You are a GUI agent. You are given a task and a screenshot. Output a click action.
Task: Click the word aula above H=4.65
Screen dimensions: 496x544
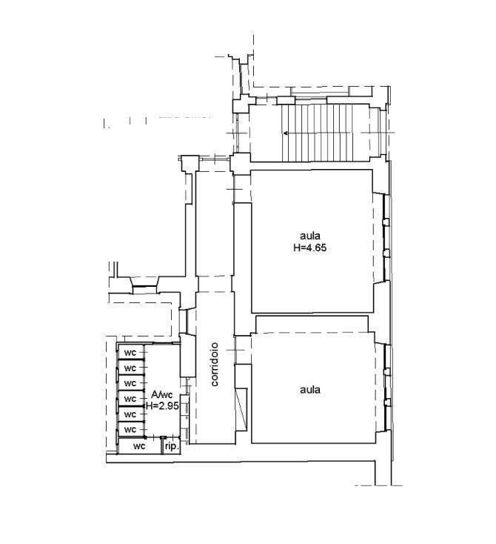click(310, 236)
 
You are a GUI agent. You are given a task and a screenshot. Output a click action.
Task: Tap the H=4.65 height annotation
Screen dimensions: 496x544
click(310, 248)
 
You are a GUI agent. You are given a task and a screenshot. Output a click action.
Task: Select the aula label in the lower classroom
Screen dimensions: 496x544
click(310, 390)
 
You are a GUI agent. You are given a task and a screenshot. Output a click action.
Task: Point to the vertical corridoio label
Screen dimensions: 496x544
click(215, 365)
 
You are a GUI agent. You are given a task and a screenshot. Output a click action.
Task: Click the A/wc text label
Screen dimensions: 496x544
click(162, 395)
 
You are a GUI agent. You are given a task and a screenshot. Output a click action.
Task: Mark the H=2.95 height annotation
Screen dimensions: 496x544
click(162, 405)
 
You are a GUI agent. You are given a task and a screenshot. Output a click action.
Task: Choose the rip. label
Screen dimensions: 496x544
click(172, 446)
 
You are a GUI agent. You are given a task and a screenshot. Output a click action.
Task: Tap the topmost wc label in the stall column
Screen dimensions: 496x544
click(130, 353)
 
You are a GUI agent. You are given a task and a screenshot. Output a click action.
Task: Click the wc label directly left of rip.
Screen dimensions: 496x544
click(139, 446)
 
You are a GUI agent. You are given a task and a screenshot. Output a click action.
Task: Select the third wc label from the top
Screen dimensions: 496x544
click(130, 383)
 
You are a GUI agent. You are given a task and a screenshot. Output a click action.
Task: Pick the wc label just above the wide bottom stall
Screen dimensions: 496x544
click(130, 430)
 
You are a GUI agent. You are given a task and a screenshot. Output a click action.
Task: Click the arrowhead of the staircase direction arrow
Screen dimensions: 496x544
click(286, 133)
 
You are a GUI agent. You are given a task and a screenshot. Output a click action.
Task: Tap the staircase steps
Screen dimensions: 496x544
click(317, 133)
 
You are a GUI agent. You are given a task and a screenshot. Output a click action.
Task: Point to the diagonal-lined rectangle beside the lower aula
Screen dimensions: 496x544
click(241, 409)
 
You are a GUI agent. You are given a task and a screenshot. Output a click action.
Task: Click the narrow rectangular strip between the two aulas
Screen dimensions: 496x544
click(312, 324)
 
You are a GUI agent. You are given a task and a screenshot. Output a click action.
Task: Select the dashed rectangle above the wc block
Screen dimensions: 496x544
click(141, 319)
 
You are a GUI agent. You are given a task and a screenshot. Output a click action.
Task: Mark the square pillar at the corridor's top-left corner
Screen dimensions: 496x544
click(188, 163)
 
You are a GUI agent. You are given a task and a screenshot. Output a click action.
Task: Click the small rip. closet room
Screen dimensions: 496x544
click(172, 445)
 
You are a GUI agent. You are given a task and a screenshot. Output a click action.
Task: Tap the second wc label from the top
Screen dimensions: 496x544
click(130, 368)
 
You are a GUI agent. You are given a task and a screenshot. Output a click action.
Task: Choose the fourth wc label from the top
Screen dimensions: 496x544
click(130, 399)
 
